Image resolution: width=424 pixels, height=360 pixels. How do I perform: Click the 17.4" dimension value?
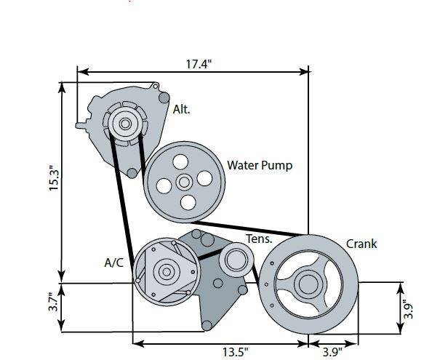coord(199,65)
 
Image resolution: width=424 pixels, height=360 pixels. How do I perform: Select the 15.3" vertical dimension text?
coord(54,177)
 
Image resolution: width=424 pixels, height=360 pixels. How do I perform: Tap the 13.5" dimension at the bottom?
coord(235,352)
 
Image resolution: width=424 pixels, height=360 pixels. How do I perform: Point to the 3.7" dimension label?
coord(54,302)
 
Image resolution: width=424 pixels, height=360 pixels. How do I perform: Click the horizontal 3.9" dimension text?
coord(332,352)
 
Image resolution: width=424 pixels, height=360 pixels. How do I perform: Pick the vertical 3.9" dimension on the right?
coord(408,309)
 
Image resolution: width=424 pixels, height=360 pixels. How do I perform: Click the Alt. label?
coord(181,110)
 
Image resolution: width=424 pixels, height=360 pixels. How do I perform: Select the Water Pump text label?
coord(260,165)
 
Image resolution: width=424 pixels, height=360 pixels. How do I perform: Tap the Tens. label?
coord(259,239)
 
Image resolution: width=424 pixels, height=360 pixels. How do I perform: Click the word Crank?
coord(361,244)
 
